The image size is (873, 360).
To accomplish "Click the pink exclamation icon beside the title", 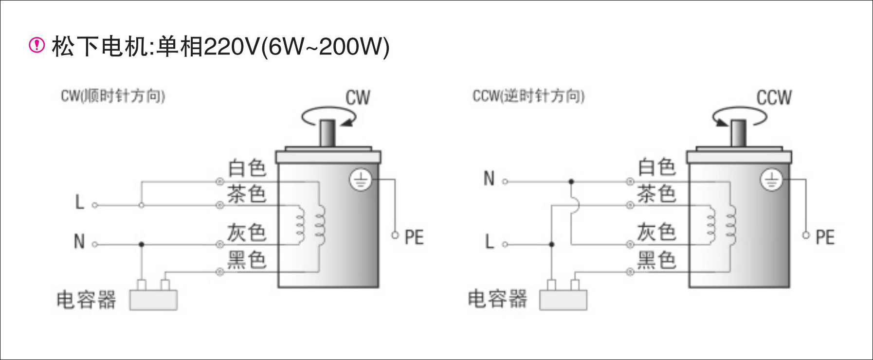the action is (x=37, y=45).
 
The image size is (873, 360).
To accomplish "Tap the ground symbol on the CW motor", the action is (x=361, y=181).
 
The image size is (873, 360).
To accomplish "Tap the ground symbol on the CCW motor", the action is (x=771, y=180).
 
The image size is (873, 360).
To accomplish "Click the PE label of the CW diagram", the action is (x=414, y=237).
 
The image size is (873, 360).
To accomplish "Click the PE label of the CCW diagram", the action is (x=825, y=237).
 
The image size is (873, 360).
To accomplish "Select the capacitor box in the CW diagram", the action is (x=153, y=300).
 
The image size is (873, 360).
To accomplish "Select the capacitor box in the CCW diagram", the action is (x=564, y=300).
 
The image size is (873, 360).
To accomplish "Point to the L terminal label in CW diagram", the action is (x=80, y=202).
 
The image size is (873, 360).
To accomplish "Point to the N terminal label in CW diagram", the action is (x=79, y=241).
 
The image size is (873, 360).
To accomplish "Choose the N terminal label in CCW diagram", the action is (x=489, y=179).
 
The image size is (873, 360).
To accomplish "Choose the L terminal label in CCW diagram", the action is (x=490, y=241).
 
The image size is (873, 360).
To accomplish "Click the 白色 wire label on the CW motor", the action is (x=247, y=168).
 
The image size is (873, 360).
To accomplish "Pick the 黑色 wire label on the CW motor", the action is (x=247, y=260).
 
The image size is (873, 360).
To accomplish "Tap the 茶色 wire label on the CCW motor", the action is (x=657, y=194).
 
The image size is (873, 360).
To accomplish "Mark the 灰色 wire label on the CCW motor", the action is (x=657, y=232).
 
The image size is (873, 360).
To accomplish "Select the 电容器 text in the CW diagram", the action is (x=86, y=300).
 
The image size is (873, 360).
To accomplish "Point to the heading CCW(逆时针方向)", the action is (x=528, y=96).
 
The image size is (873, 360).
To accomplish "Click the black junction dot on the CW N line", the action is (x=142, y=244).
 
